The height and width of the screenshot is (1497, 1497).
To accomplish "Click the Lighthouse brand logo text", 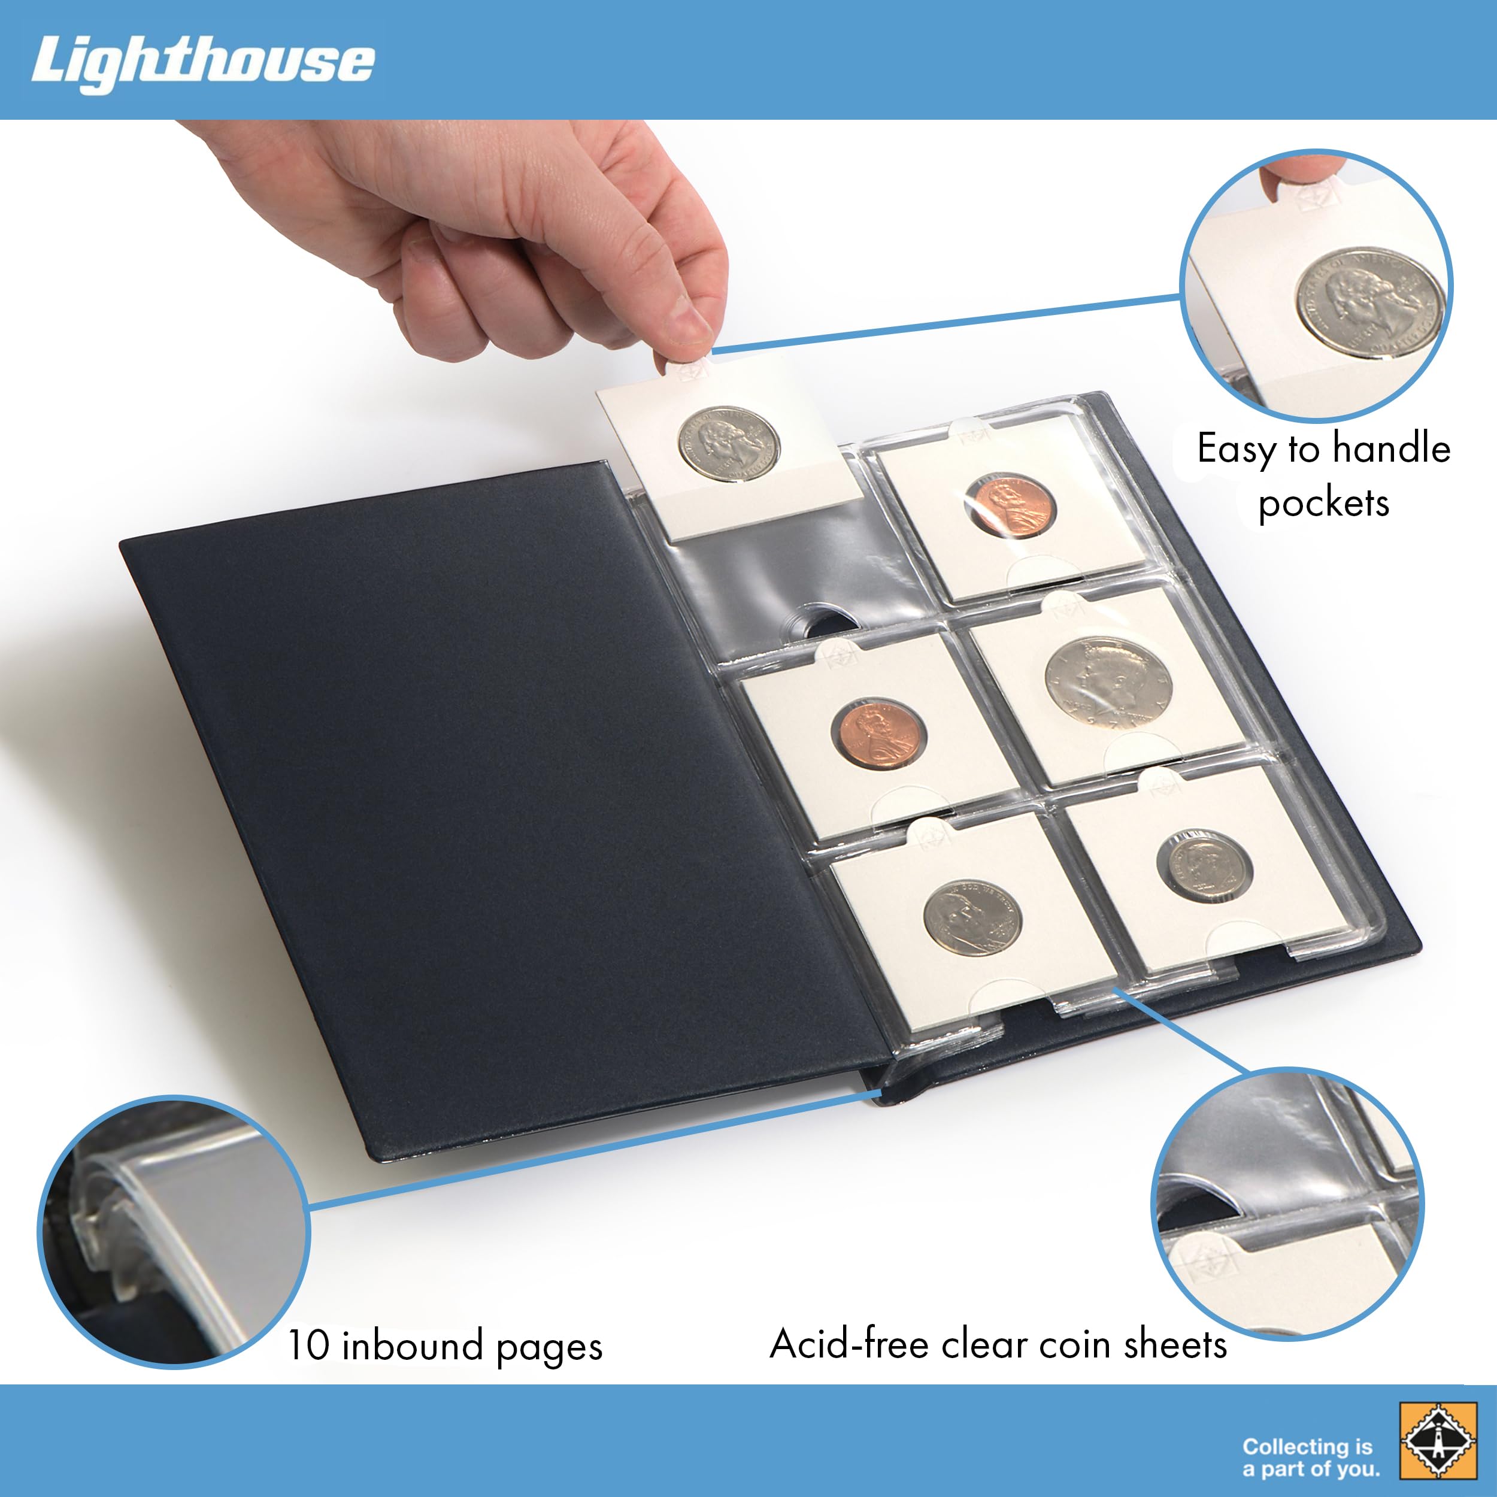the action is coord(203,63).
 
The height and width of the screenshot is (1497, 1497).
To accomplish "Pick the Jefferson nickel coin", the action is coord(972,917).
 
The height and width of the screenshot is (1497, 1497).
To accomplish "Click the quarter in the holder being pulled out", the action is coord(729,444).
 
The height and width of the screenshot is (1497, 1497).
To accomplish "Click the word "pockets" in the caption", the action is coord(1323,504).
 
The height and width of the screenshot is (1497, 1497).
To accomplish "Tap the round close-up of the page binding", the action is coord(174,1232).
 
